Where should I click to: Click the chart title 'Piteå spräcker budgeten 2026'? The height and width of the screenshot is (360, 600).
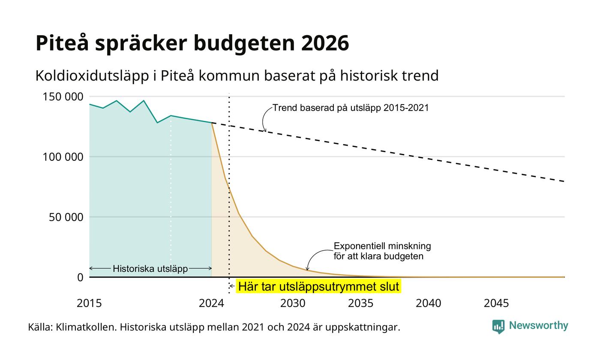(192, 43)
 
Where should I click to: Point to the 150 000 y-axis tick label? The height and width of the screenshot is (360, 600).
(63, 97)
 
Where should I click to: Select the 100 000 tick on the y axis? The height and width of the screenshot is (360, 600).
(63, 157)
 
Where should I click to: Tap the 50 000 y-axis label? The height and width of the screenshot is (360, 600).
(66, 217)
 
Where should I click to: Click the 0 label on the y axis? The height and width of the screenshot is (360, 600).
(81, 278)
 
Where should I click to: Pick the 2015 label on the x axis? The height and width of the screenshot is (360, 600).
(89, 303)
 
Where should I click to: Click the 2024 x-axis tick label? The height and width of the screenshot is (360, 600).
(211, 303)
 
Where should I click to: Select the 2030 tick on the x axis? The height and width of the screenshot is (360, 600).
(293, 303)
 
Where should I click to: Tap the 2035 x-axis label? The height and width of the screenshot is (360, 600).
(360, 303)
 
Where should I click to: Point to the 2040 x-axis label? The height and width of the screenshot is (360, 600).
(428, 303)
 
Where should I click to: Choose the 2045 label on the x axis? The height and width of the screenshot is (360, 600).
(496, 303)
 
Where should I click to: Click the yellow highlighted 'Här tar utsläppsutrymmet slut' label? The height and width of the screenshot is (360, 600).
(318, 286)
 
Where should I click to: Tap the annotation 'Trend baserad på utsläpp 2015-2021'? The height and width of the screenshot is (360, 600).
(351, 108)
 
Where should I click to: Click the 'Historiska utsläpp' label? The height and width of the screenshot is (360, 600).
(150, 269)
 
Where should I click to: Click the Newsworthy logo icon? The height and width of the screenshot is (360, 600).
(498, 327)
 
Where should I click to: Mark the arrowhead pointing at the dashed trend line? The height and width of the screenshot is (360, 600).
(265, 130)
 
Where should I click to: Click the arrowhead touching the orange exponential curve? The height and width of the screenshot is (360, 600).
(307, 268)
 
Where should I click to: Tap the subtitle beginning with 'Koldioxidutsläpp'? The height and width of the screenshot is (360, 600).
(237, 76)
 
